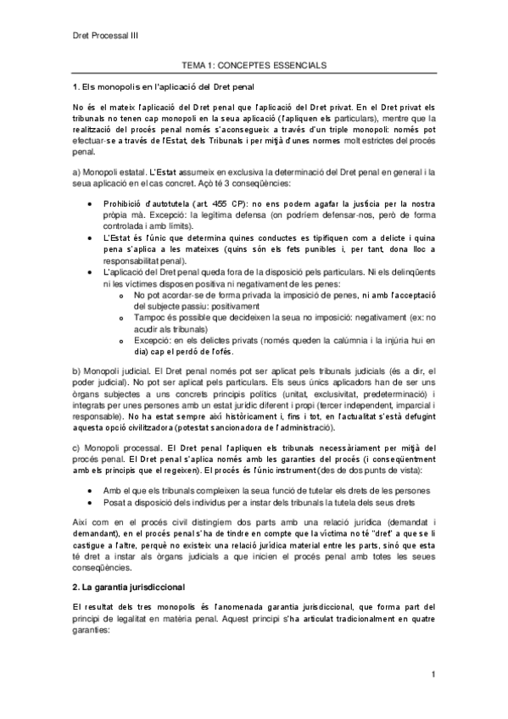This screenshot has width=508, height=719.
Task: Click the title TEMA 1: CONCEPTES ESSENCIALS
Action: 254,64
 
